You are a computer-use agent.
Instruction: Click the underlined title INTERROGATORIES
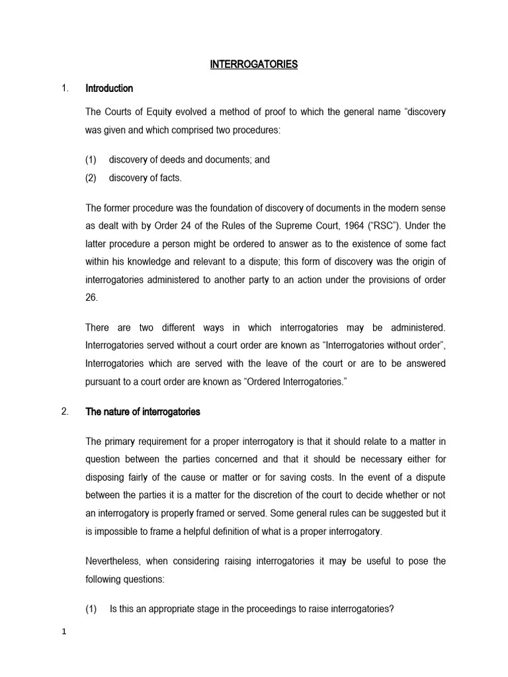pos(254,64)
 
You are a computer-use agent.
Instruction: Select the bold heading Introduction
pos(109,88)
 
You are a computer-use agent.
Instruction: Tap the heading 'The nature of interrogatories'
pos(142,412)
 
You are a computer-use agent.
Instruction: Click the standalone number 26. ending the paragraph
pos(91,298)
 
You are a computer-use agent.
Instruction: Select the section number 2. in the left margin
pos(65,412)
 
